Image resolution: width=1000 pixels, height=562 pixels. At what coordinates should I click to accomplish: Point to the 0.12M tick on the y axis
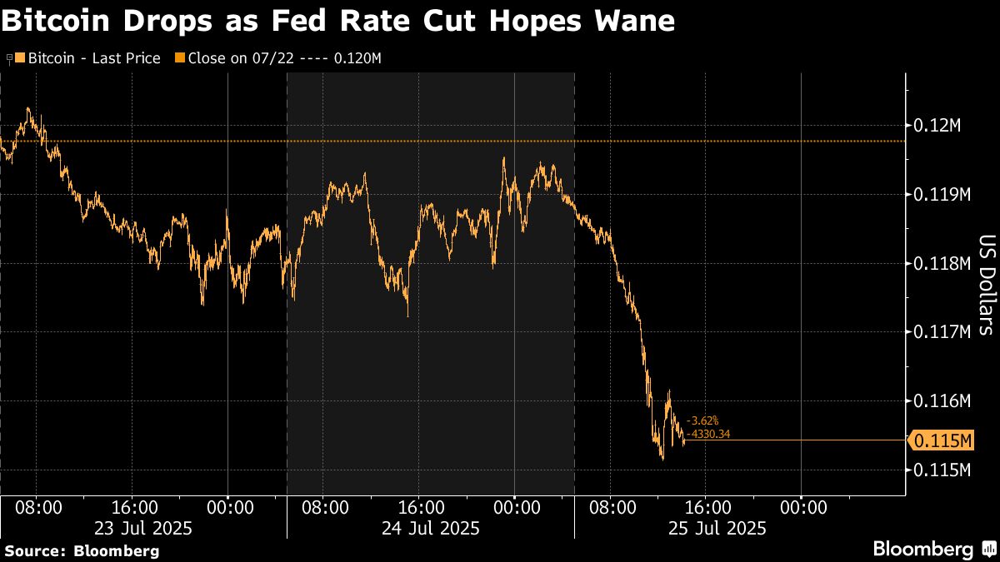pos(937,126)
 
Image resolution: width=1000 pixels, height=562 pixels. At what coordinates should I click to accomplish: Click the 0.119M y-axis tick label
pos(942,195)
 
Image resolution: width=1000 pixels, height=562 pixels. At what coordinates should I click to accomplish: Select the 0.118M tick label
pos(942,264)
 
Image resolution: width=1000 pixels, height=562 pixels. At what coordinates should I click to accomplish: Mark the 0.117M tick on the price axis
pos(942,332)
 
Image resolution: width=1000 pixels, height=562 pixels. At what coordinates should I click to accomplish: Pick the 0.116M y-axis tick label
pos(942,401)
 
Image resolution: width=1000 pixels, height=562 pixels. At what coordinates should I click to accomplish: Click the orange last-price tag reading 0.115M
pos(941,440)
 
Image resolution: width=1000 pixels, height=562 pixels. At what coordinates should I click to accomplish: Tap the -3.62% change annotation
pos(702,421)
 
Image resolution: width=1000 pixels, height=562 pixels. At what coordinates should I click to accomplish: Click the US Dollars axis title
pos(986,286)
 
